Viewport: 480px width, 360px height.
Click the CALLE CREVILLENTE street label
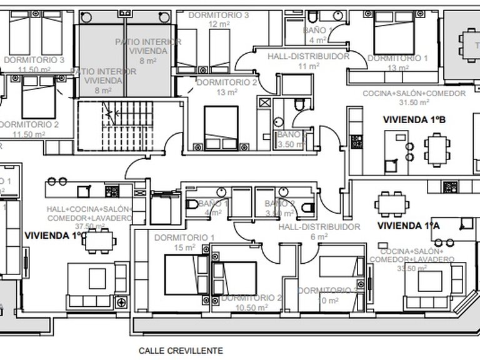[x=181, y=351]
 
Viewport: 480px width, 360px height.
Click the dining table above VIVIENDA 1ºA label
[x=392, y=202]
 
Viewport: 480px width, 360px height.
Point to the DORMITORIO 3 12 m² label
[x=219, y=19]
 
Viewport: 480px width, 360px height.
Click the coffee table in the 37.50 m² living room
[x=97, y=277]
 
